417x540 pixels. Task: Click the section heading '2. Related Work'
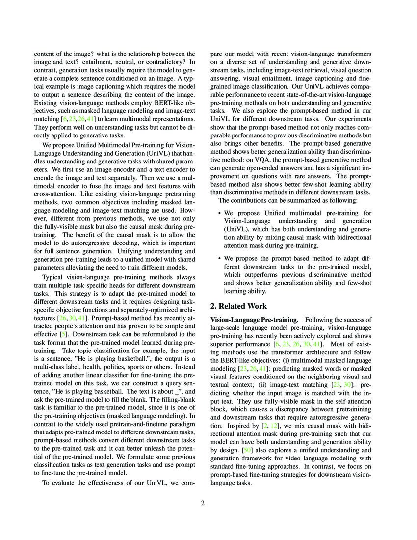[x=238, y=306]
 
